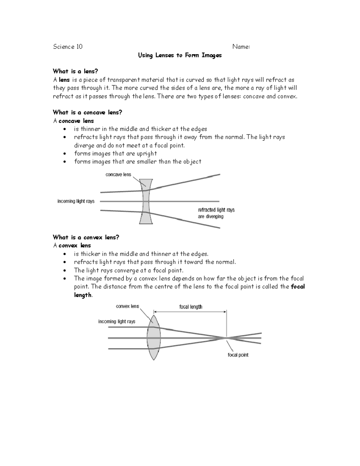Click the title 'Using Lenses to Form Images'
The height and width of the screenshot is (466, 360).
[x=180, y=55]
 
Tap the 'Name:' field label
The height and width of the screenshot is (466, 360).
[x=241, y=47]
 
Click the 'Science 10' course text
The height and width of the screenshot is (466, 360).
[x=67, y=47]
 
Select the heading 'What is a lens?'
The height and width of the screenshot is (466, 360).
[x=75, y=71]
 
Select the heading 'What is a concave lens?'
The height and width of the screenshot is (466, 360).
[x=87, y=113]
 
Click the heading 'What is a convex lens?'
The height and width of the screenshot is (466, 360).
[x=86, y=237]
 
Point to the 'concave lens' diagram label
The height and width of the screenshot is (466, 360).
[x=118, y=175]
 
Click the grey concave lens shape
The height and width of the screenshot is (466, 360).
[x=146, y=201]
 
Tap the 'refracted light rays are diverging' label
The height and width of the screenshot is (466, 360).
[x=216, y=213]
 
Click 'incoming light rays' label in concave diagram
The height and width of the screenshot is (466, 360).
[x=76, y=201]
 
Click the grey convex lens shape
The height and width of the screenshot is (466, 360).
[x=154, y=338]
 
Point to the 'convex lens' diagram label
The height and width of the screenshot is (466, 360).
[x=127, y=306]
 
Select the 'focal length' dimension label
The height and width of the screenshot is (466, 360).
[x=190, y=307]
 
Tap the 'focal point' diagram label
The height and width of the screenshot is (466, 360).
[x=238, y=355]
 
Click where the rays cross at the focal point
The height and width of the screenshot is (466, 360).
[x=226, y=338]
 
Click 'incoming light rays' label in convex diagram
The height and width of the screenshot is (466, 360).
[x=117, y=321]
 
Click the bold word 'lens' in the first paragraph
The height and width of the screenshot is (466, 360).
[x=64, y=80]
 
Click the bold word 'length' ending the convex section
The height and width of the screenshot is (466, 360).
[x=83, y=295]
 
